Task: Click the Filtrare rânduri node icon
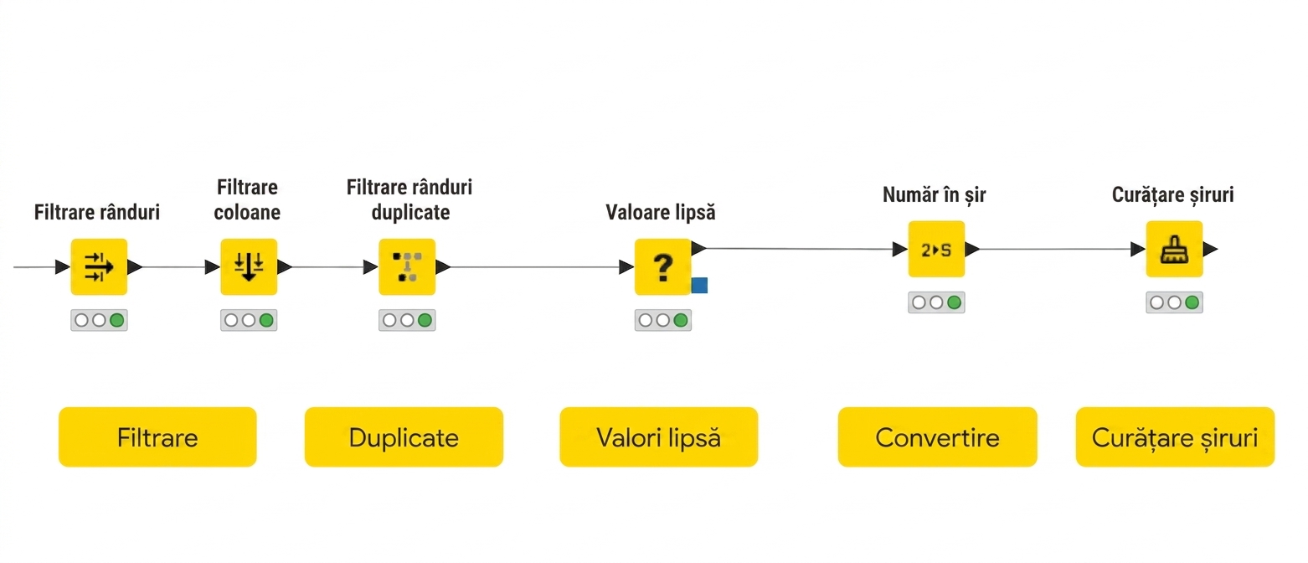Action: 99,267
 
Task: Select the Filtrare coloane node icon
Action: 249,267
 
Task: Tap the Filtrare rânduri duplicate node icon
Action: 407,267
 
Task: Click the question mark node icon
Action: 662,267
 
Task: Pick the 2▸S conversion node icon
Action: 937,249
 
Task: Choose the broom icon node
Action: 1174,249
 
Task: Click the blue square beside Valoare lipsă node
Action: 699,285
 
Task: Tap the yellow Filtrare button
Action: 157,436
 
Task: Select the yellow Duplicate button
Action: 404,436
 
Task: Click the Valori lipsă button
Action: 659,436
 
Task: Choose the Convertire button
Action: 938,436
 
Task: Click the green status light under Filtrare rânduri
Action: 116,320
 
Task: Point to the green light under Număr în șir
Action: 954,302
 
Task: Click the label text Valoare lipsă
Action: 661,213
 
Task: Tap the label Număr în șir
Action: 935,195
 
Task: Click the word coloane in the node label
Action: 247,213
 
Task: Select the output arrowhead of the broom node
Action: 1211,250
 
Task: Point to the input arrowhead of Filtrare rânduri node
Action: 63,267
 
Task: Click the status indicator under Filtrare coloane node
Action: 249,320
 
